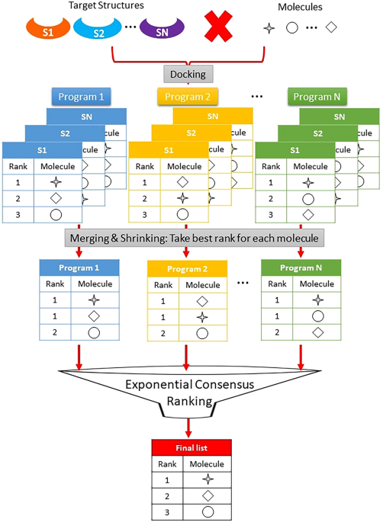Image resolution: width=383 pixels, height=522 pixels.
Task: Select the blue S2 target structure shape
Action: coord(98,32)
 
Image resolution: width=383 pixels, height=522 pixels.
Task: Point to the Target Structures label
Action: coord(95,6)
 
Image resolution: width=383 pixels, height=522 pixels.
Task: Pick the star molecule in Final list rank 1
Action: coord(208,479)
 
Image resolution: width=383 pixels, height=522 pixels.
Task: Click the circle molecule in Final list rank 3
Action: coord(208,511)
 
